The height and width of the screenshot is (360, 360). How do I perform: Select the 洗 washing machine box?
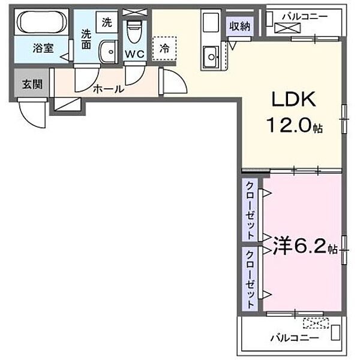(x=107, y=23)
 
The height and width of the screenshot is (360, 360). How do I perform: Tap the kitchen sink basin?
(x=211, y=58)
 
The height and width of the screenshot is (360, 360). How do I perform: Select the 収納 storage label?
(x=239, y=26)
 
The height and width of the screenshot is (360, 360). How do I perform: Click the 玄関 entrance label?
(x=32, y=84)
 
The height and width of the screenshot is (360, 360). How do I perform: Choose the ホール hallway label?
(x=108, y=89)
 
